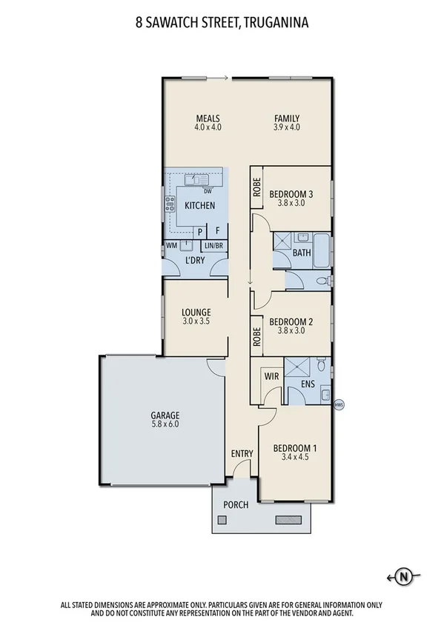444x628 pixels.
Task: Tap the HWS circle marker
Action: point(339,404)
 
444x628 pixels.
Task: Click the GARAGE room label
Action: point(166,415)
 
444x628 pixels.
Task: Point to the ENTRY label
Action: point(242,454)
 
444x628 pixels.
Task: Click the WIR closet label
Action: point(271,376)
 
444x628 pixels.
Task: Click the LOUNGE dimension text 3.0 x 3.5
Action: point(196,322)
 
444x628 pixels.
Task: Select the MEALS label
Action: point(208,118)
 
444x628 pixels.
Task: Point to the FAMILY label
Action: point(286,118)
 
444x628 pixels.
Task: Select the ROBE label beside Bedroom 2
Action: point(256,337)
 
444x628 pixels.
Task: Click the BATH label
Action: point(302,253)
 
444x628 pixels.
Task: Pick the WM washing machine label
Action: point(171,245)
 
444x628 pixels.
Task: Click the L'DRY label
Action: point(196,262)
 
